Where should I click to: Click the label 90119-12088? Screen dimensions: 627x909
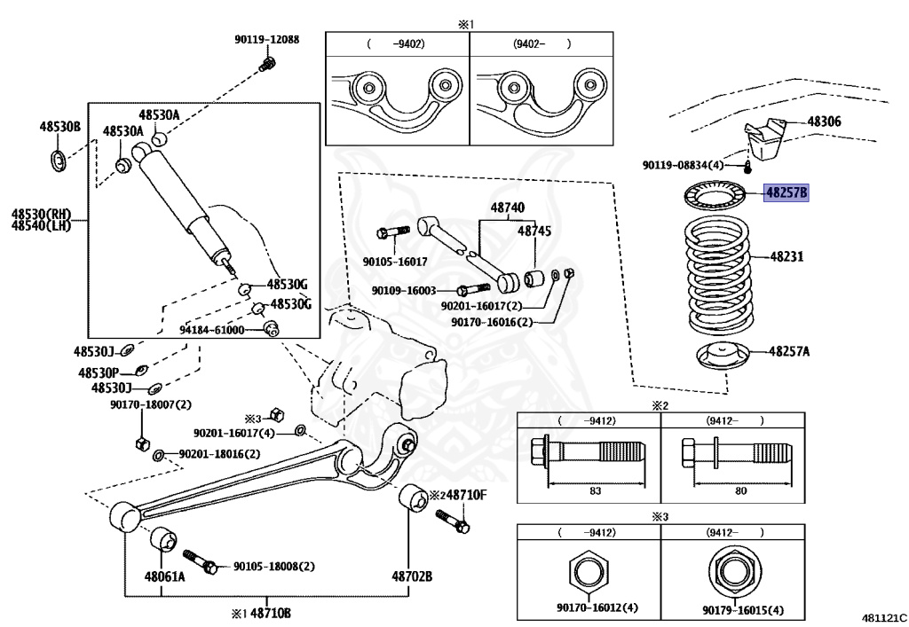(266, 40)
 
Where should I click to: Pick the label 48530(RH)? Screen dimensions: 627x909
(41, 214)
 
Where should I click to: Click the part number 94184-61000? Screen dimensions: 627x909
(212, 330)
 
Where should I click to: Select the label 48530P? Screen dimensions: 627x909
(98, 372)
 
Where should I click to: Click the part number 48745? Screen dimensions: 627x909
(534, 230)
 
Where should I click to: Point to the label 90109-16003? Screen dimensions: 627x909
(404, 290)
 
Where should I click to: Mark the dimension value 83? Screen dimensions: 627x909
(594, 490)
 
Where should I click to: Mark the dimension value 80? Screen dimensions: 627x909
(740, 490)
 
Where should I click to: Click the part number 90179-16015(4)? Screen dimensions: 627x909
(742, 609)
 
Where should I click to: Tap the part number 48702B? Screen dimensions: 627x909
(410, 576)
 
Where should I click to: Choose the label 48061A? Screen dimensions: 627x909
(165, 576)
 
